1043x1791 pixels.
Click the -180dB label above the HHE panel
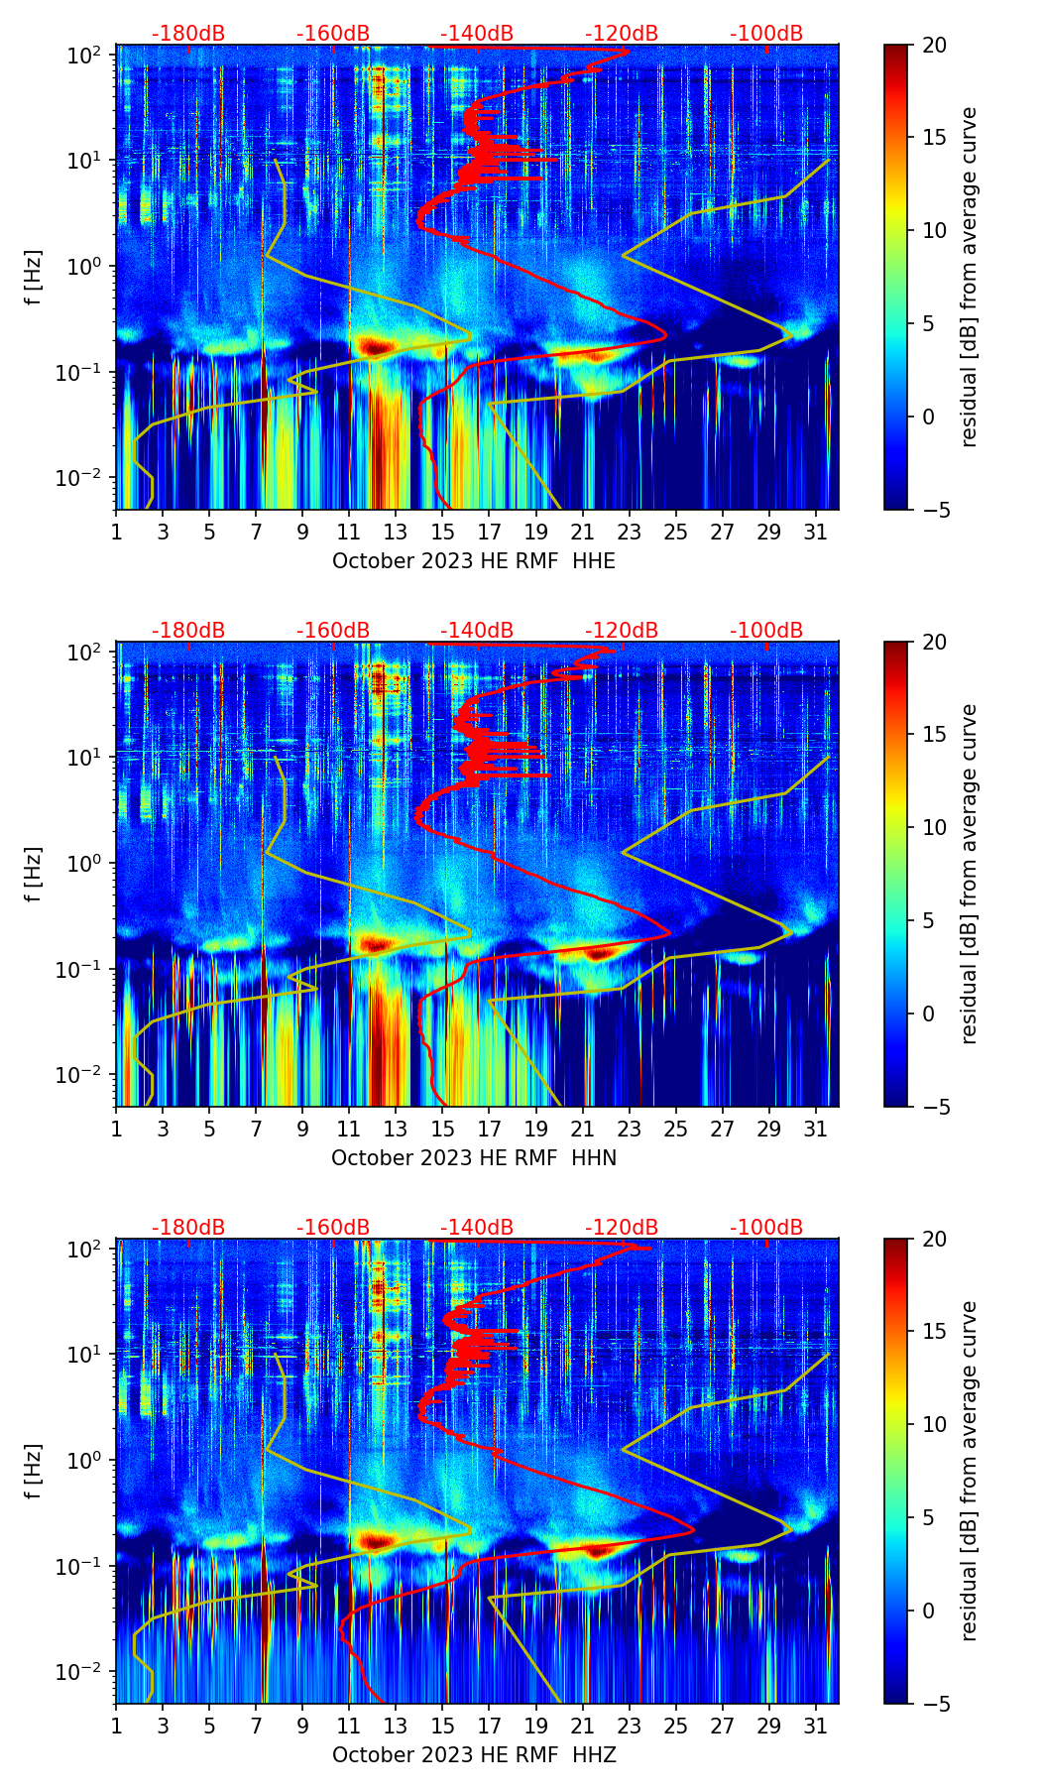pyautogui.click(x=188, y=34)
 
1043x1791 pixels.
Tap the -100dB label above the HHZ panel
pyautogui.click(x=766, y=1228)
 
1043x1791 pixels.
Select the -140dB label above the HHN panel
pyautogui.click(x=477, y=631)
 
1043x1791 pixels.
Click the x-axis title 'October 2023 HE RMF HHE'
pyautogui.click(x=473, y=561)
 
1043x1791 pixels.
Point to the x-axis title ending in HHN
pyautogui.click(x=473, y=1158)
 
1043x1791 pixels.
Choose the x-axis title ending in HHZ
pyautogui.click(x=473, y=1755)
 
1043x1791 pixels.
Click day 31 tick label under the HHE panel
pyautogui.click(x=816, y=532)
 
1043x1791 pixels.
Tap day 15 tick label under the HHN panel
pyautogui.click(x=443, y=1129)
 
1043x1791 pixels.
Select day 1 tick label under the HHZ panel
pyautogui.click(x=116, y=1726)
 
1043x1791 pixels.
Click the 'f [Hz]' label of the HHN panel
pyautogui.click(x=34, y=874)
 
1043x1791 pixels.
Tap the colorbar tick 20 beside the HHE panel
pyautogui.click(x=934, y=46)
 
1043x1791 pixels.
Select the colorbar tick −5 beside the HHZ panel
pyautogui.click(x=933, y=1704)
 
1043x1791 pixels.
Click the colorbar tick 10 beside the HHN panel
pyautogui.click(x=934, y=827)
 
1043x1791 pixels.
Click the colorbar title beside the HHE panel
pyautogui.click(x=969, y=277)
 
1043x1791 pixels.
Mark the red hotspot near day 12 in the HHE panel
pyautogui.click(x=375, y=346)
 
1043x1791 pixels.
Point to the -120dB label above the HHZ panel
pyautogui.click(x=622, y=1228)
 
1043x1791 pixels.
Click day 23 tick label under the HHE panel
pyautogui.click(x=630, y=532)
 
